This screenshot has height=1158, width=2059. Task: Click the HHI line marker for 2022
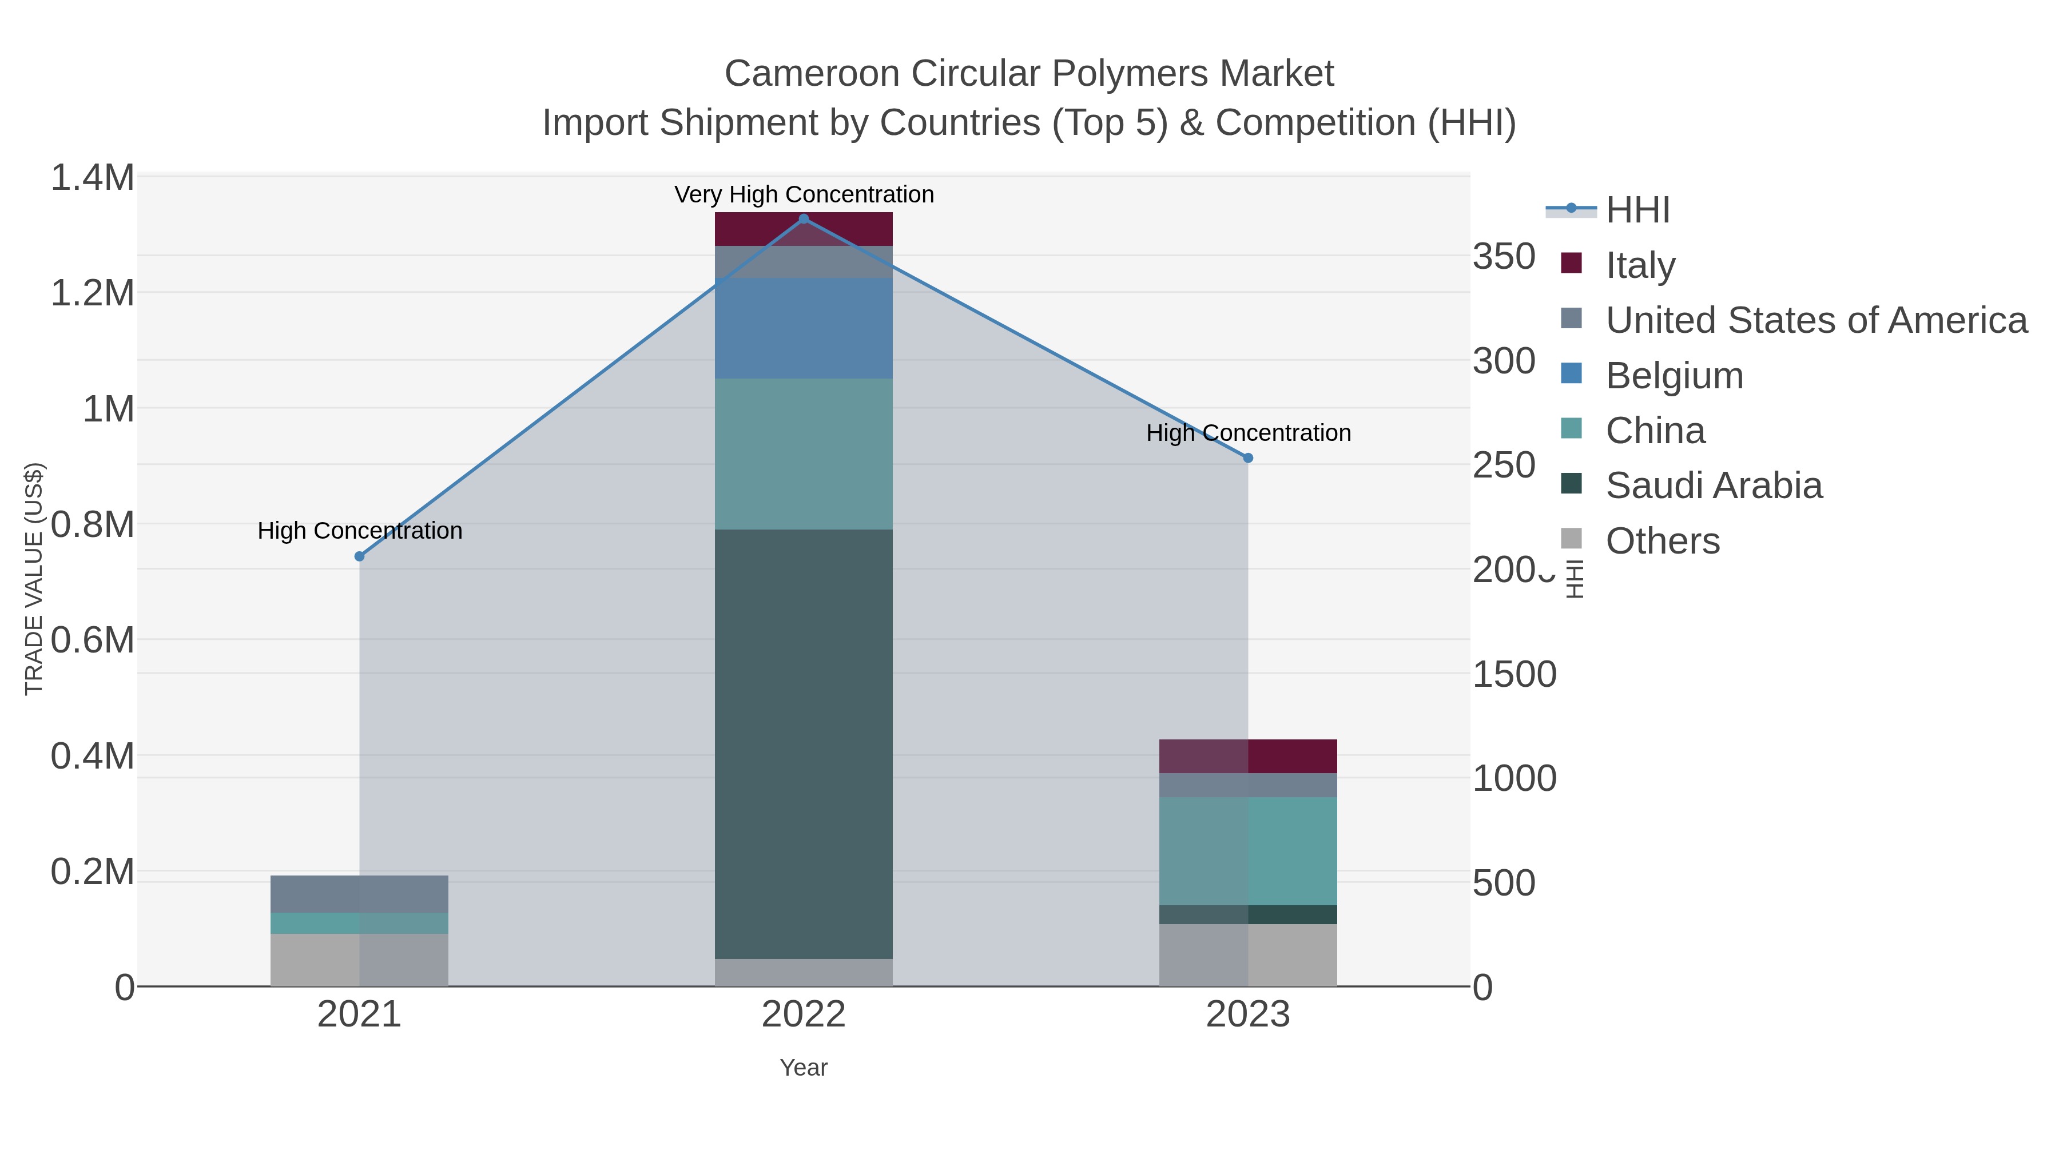tap(804, 219)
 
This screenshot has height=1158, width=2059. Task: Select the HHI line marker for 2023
tap(1248, 458)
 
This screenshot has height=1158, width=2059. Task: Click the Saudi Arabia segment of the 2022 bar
tap(804, 743)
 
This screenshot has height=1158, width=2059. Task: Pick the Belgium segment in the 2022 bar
tap(804, 328)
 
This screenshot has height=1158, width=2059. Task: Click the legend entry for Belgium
tap(1674, 376)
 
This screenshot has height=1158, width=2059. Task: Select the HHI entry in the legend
tap(1637, 210)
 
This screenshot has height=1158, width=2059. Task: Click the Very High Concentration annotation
tap(804, 194)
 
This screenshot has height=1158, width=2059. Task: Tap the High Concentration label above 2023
tap(1248, 433)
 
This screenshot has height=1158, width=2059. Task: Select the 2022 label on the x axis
tap(804, 1015)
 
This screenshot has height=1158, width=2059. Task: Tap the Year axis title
tap(804, 1068)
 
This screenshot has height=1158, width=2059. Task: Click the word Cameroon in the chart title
tap(811, 74)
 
